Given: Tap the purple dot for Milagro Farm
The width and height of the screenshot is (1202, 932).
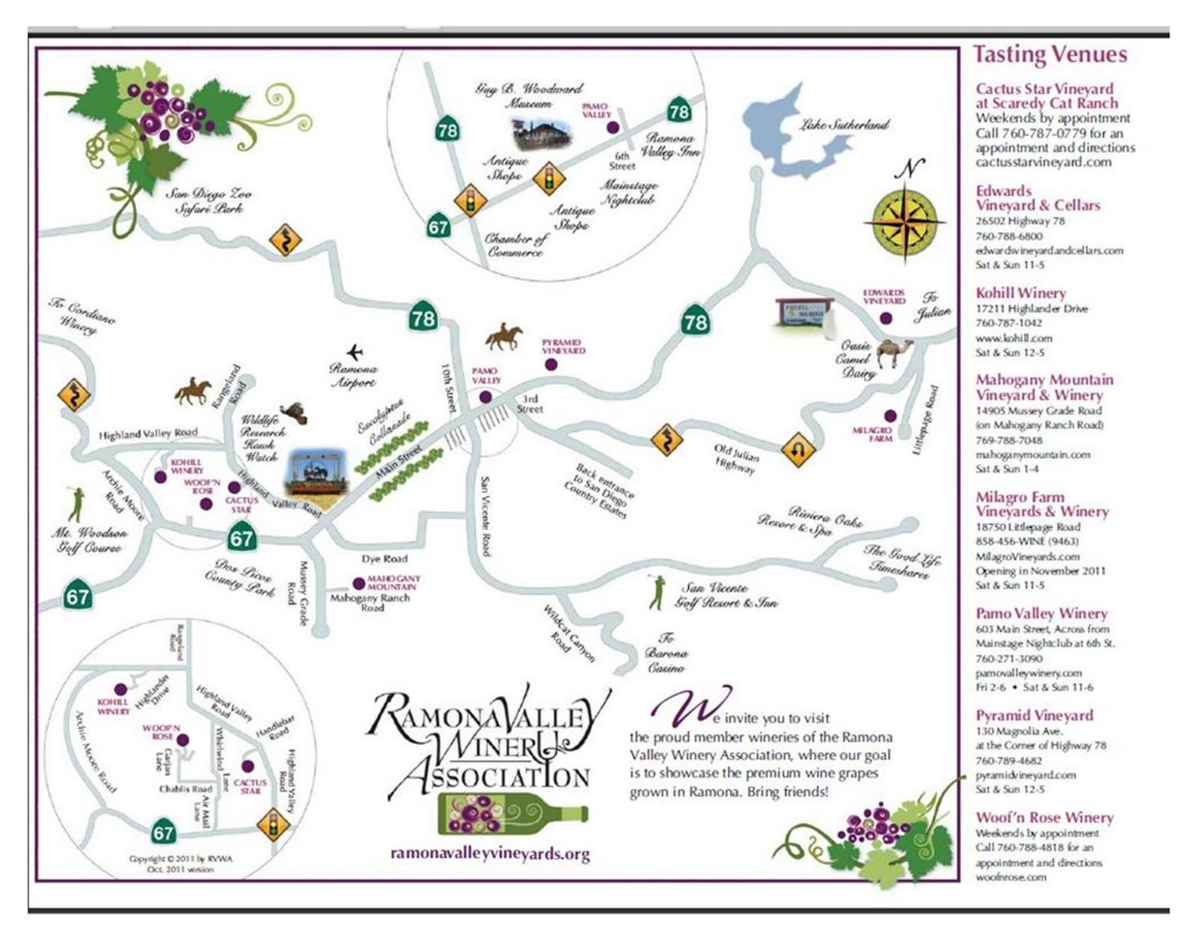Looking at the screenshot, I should (x=890, y=416).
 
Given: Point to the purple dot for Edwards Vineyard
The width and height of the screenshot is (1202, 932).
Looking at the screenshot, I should (x=886, y=319).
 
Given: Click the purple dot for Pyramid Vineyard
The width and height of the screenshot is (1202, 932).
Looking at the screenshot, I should (x=551, y=365).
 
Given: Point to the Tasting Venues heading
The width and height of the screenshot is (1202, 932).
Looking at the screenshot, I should (x=1049, y=55).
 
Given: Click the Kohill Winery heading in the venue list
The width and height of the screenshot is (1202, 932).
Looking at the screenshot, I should (x=1020, y=293).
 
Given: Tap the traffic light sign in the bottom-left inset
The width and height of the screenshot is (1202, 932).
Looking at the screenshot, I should (x=273, y=824).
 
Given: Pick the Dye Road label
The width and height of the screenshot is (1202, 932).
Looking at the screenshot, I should (x=384, y=559).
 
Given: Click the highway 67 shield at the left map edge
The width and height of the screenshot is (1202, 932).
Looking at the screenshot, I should (x=77, y=597).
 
